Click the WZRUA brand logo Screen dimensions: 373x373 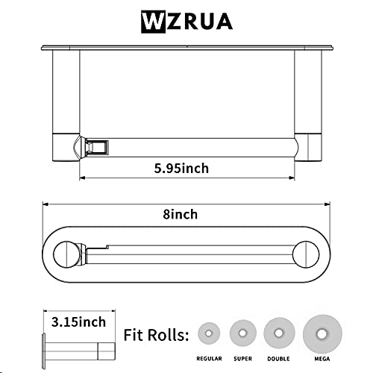[x=186, y=20]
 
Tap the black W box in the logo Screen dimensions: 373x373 [x=152, y=20]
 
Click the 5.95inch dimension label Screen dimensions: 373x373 [x=181, y=168]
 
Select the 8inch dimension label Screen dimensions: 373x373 [x=181, y=214]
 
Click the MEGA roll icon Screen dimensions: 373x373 [x=320, y=332]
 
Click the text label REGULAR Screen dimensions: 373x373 [x=210, y=358]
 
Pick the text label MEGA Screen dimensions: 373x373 [x=322, y=358]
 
